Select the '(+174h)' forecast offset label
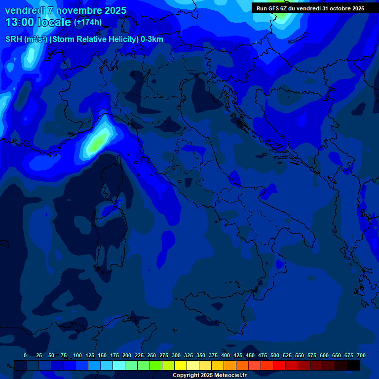point(88,22)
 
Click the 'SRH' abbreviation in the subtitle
point(14,39)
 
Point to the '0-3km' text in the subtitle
point(152,39)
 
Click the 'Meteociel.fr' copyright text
point(227,376)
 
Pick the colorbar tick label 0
point(25,355)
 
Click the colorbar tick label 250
point(152,355)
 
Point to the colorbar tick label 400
point(226,355)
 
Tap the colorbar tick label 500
point(275,355)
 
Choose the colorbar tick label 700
point(361,355)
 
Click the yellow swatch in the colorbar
point(181,366)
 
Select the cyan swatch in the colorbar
point(119,366)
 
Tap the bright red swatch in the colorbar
point(279,366)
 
